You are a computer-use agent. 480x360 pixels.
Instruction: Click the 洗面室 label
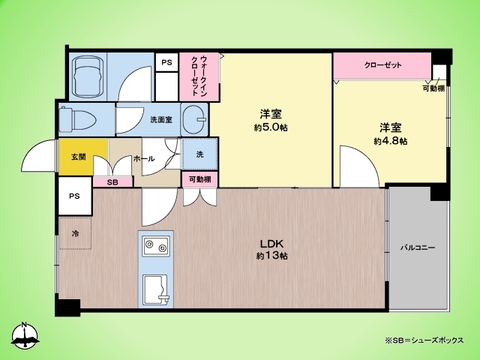pos(161,120)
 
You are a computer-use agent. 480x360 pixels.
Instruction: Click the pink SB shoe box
pos(112,183)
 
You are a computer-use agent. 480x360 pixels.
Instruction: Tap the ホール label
pos(143,159)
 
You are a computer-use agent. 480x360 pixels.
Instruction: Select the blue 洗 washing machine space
pos(198,154)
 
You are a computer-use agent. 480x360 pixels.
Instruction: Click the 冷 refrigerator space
pos(75,233)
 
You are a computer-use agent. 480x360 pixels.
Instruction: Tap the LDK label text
pos(269,244)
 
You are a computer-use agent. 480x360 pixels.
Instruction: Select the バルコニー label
pos(417,246)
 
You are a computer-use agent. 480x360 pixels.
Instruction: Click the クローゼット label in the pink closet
pos(383,65)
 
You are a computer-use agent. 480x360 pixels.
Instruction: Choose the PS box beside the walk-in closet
pos(165,63)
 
